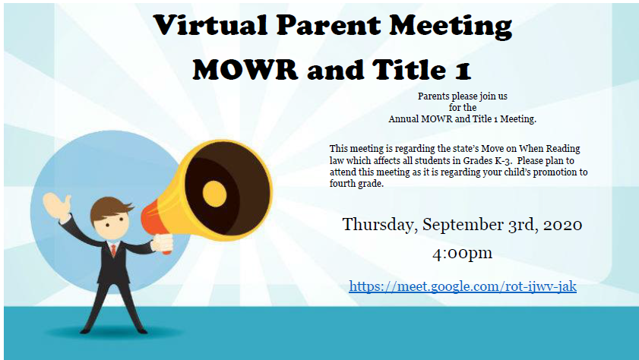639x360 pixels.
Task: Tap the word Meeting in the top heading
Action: pyautogui.click(x=451, y=27)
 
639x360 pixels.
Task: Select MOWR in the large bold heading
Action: pyautogui.click(x=245, y=70)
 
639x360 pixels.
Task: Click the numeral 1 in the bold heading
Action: pyautogui.click(x=463, y=71)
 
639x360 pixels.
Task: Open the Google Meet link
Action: pyautogui.click(x=463, y=286)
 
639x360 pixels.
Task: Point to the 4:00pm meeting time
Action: pyautogui.click(x=462, y=254)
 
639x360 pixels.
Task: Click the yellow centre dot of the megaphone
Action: pyautogui.click(x=214, y=194)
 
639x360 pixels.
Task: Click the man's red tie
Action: pyautogui.click(x=114, y=250)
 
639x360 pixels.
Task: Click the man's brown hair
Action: pyautogui.click(x=109, y=207)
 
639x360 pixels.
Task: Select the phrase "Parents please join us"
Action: pyautogui.click(x=463, y=96)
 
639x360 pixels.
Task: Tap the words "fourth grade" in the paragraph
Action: pyautogui.click(x=356, y=184)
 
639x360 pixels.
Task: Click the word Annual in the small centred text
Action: pyautogui.click(x=403, y=119)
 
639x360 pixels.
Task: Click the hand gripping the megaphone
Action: pyautogui.click(x=163, y=242)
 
